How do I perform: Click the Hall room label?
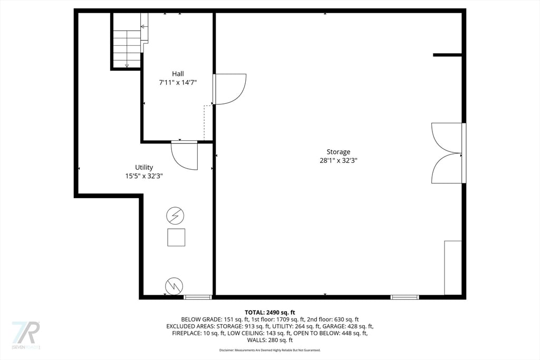pos(178,74)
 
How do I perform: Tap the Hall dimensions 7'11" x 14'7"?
pos(178,83)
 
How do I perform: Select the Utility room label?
pos(143,167)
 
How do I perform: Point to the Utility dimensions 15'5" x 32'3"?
pos(143,176)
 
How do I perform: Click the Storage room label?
pos(338,152)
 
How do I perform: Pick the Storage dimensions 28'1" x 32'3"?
pos(338,161)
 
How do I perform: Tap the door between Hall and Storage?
pos(229,89)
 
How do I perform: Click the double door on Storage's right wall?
pos(447,153)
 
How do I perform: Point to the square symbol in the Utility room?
pos(176,237)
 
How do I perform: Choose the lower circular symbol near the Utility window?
pos(174,286)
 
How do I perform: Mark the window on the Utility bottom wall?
pos(198,297)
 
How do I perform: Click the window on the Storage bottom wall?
pos(404,297)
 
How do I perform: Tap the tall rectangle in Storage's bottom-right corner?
pos(452,268)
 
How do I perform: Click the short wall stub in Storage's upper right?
pos(447,54)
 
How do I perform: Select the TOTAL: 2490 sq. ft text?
pos(270,312)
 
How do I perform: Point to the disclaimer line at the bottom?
pos(270,350)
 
